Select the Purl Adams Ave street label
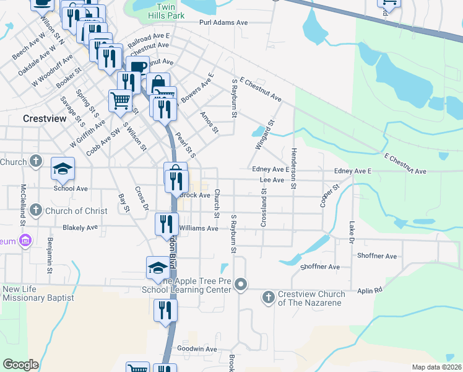(x=223, y=22)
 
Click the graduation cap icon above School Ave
(x=62, y=169)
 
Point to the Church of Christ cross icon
(x=36, y=210)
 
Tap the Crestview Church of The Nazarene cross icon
(x=269, y=298)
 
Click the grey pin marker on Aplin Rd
(x=242, y=285)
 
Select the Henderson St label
(x=293, y=169)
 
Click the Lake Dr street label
(x=352, y=232)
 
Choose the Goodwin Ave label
(x=197, y=349)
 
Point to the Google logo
(x=20, y=365)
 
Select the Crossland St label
(x=263, y=208)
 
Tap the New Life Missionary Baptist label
(x=38, y=293)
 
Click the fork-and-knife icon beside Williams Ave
(x=166, y=223)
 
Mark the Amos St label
(x=210, y=122)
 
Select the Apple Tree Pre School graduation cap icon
(x=158, y=268)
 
